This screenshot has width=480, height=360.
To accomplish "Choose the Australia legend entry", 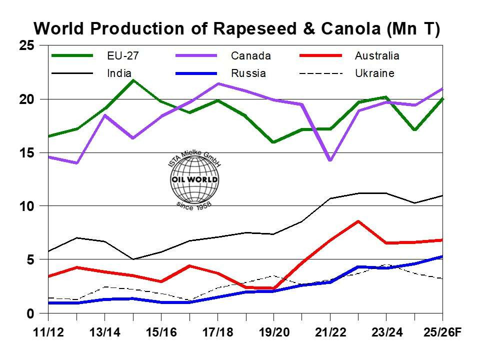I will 377,55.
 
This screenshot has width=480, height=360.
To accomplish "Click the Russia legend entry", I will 248,73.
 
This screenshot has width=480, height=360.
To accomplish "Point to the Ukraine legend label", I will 374,73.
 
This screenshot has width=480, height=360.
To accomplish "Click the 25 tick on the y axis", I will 27,45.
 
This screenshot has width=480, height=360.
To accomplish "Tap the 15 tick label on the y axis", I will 27,152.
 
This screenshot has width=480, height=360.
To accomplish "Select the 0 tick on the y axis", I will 30,313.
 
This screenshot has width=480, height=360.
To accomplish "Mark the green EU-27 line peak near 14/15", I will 132,80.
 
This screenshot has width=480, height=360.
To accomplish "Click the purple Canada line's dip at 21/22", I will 330,160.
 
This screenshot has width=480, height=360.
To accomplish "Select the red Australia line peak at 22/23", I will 358,221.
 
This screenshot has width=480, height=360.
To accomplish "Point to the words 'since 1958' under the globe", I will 194,205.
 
